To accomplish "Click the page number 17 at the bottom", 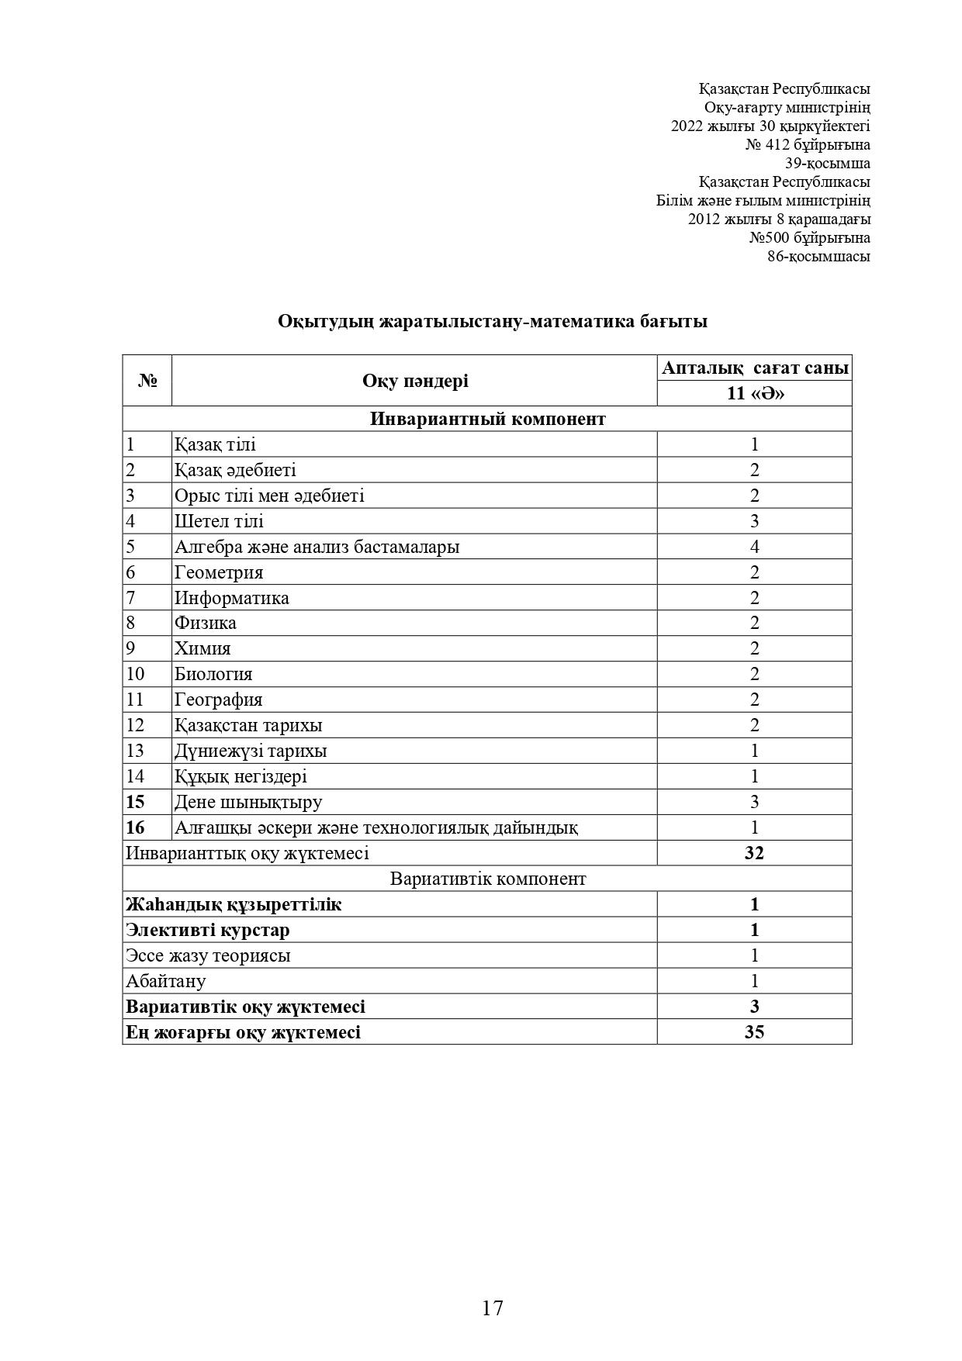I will pyautogui.click(x=493, y=1307).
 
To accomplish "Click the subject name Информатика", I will pyautogui.click(x=231, y=598).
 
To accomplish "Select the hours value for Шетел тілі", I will pyautogui.click(x=754, y=521).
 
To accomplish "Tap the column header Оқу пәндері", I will pyautogui.click(x=415, y=381).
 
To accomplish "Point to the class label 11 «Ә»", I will pyautogui.click(x=754, y=393).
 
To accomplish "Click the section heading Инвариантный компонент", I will pyautogui.click(x=487, y=419).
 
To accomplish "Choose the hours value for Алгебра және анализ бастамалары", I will pyautogui.click(x=754, y=547).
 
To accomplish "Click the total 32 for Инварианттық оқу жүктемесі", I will pyautogui.click(x=754, y=853).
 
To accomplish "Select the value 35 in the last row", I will pyautogui.click(x=754, y=1031).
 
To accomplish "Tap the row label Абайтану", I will pyautogui.click(x=166, y=981).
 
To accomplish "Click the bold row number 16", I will pyautogui.click(x=135, y=827).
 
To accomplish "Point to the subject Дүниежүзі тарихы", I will pyautogui.click(x=250, y=751).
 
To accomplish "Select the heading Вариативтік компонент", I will pyautogui.click(x=487, y=879).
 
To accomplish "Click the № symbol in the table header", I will pyautogui.click(x=147, y=381).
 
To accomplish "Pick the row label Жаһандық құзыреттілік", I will pyautogui.click(x=234, y=904).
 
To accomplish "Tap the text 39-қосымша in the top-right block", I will pyautogui.click(x=827, y=164).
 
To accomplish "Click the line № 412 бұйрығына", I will pyautogui.click(x=808, y=145).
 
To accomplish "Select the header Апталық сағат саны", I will pyautogui.click(x=754, y=368).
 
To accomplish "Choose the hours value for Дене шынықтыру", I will pyautogui.click(x=754, y=802).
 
